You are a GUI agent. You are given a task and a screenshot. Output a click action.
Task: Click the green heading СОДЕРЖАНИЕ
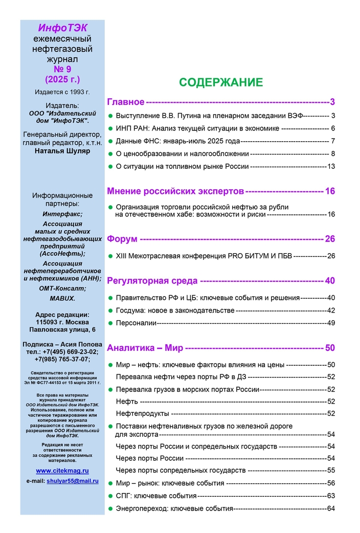[x=220, y=83]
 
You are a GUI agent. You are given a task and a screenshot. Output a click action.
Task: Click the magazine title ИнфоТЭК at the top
[x=62, y=27]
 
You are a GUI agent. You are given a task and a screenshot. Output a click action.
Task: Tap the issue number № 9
[x=62, y=70]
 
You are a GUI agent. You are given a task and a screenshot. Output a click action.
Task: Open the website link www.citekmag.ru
[x=62, y=470]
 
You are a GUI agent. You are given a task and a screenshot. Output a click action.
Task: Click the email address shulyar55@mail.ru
[x=72, y=481]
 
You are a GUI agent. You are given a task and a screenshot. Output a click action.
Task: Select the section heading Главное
[x=125, y=101]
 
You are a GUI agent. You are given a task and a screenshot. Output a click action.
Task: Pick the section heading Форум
[x=122, y=239]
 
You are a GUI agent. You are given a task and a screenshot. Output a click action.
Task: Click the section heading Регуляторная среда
[x=152, y=281]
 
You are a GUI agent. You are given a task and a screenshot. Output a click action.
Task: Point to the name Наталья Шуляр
[x=62, y=151]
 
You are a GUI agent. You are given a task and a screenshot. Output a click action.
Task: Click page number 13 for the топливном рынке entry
[x=331, y=166]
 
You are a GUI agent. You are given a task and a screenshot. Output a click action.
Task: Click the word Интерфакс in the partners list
[x=62, y=214]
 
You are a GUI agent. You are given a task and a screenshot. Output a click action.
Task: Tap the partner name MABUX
[x=62, y=298]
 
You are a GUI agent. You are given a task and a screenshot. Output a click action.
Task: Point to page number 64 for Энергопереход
[x=331, y=508]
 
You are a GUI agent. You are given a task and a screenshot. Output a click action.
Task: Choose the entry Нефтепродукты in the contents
[x=142, y=413]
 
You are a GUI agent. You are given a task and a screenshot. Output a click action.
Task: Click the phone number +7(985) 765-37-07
[x=62, y=359]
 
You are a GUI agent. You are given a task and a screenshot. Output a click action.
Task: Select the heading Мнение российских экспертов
[x=175, y=192]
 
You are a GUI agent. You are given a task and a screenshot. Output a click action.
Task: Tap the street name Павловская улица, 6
[x=62, y=330]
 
